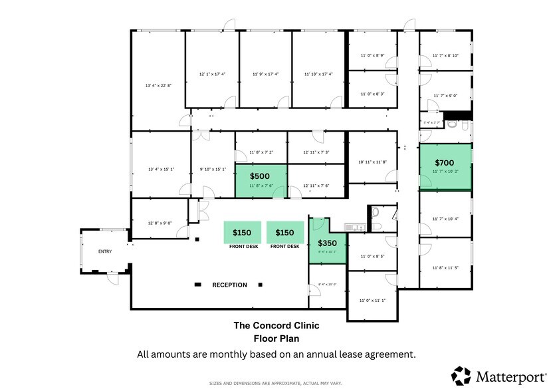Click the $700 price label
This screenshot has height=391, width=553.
[445, 162]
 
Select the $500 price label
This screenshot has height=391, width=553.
[259, 176]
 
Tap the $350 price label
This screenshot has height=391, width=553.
[328, 243]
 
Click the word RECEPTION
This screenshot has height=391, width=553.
[229, 285]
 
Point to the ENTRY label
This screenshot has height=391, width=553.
[105, 251]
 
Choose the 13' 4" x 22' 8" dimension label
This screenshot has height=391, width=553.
[158, 86]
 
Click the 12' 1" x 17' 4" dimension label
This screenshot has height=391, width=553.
[212, 74]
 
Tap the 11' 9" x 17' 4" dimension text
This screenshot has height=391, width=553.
[265, 74]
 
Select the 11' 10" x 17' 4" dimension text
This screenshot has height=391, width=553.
[318, 74]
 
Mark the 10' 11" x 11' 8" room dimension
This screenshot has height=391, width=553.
[372, 162]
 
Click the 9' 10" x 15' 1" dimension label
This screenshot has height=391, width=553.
[213, 169]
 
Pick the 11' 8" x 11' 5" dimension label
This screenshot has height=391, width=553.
[445, 267]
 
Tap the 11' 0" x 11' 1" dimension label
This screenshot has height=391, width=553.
[372, 300]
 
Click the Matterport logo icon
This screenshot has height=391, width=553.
[461, 375]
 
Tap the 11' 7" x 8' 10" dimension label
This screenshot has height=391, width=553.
[445, 56]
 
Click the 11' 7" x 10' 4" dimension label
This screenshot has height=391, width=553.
[445, 218]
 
